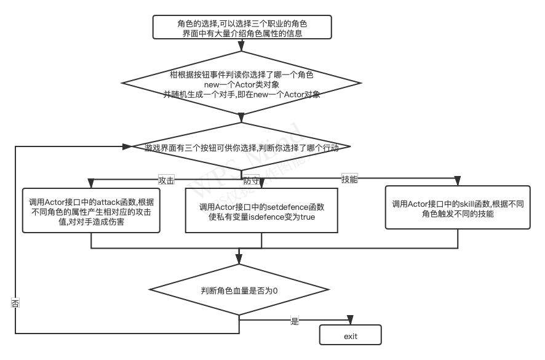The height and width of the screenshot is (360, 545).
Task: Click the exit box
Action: point(350,336)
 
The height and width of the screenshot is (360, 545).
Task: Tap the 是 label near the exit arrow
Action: point(294,321)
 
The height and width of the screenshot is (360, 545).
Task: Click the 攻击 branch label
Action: point(166,181)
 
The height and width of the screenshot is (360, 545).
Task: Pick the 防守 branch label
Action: point(251,181)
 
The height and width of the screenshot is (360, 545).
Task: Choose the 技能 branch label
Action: point(349,180)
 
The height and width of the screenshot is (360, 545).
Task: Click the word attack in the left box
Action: point(113,202)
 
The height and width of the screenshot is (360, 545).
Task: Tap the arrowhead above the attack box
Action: point(91,183)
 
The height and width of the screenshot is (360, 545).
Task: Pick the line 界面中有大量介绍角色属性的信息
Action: point(242,33)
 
